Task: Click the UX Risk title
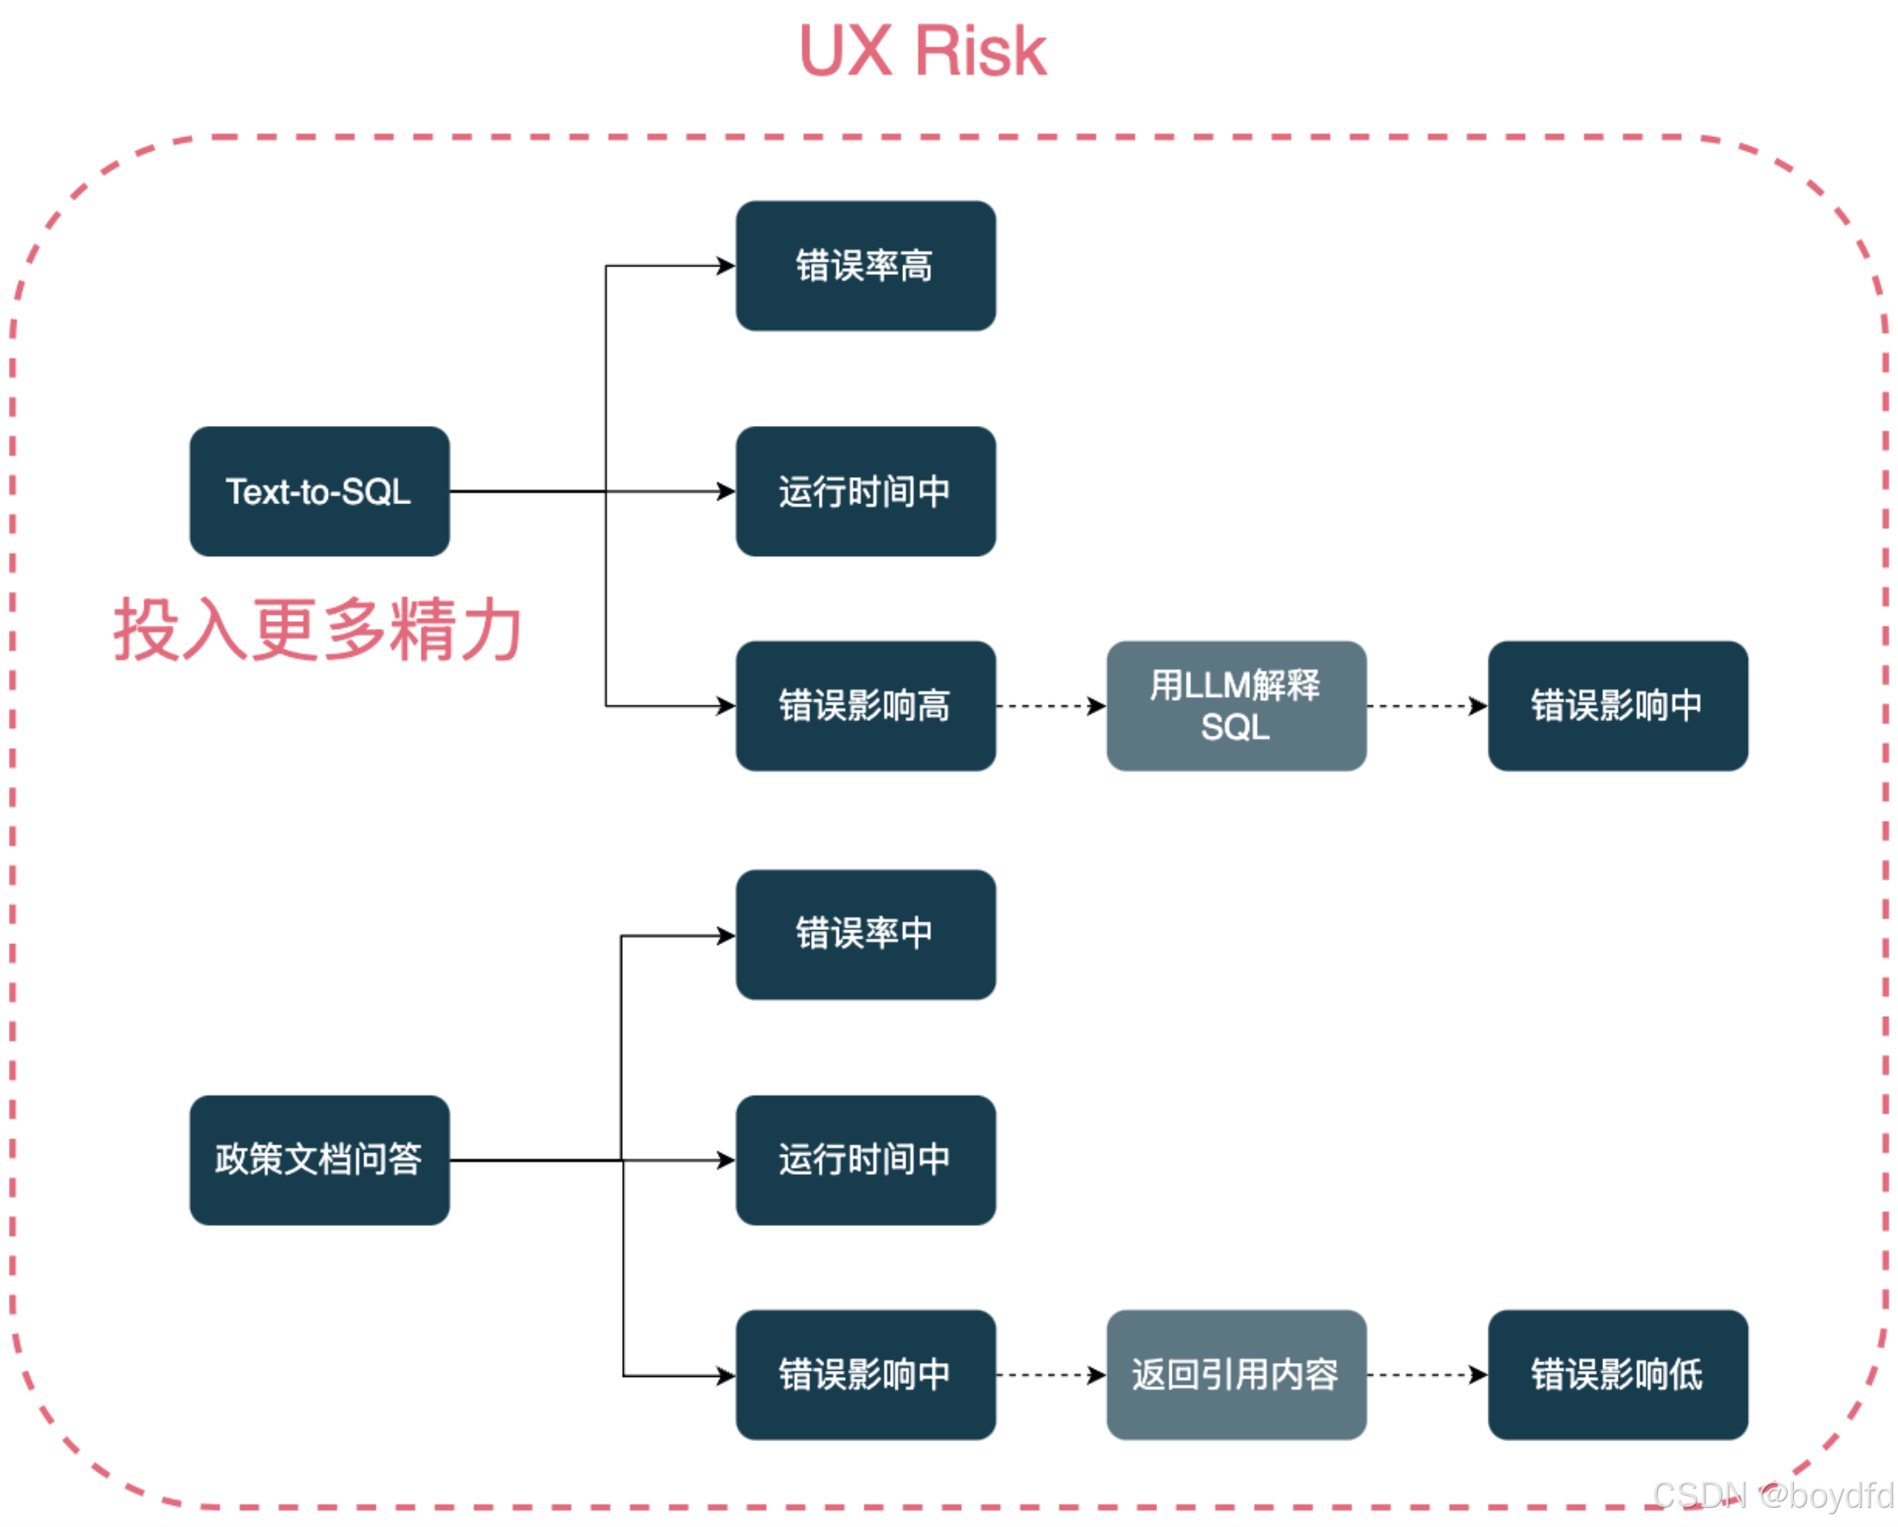pos(923,51)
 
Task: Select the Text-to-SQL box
pos(319,491)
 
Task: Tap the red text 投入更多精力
pos(317,629)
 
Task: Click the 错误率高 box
pos(866,266)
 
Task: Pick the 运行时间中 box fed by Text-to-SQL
pos(866,491)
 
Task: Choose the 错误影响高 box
pos(866,706)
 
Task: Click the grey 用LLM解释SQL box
pos(1236,706)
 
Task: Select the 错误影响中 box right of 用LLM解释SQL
pos(1617,706)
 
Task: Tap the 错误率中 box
pos(866,934)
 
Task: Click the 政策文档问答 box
pos(319,1160)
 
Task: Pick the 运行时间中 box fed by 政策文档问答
pos(866,1160)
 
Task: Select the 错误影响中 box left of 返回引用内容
pos(866,1374)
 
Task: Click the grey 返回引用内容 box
pos(1236,1374)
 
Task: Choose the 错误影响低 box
pos(1617,1374)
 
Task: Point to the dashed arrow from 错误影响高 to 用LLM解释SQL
pos(1050,706)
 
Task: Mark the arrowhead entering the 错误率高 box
pos(726,266)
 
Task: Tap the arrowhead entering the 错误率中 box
pos(726,935)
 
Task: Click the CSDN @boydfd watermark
pos(1773,1495)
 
